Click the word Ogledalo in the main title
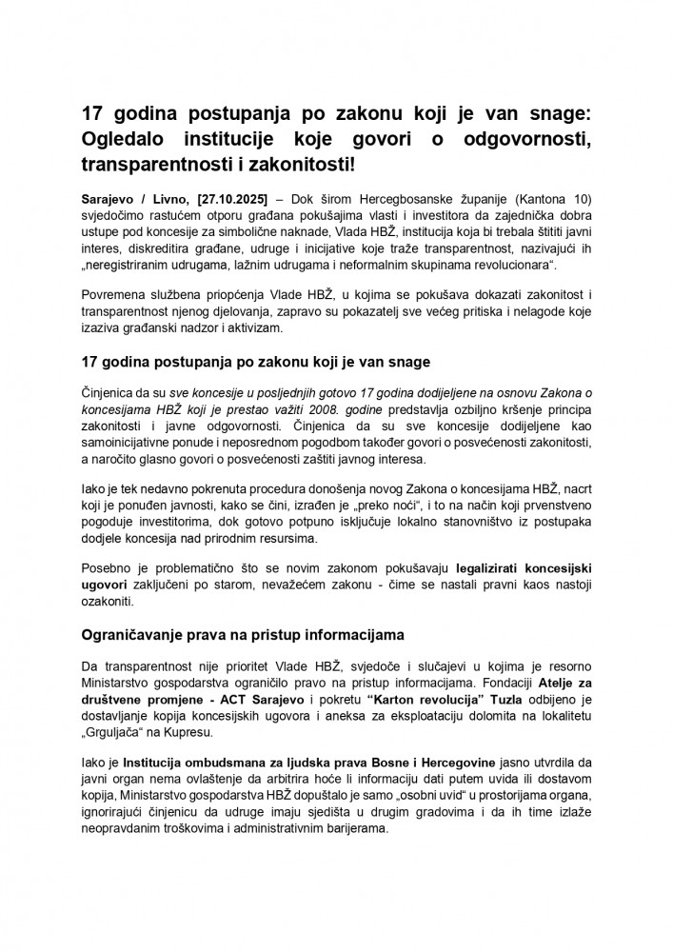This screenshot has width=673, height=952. pos(129,140)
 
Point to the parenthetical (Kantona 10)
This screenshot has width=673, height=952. pos(553,198)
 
